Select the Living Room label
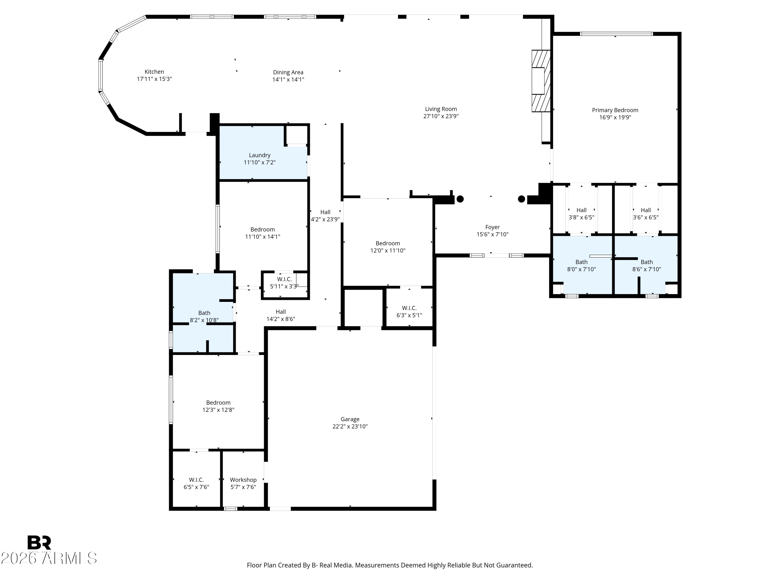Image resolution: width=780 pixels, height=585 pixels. coord(440,109)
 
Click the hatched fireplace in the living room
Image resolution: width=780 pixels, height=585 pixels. coord(541,81)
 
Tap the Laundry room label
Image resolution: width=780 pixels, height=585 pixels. coord(259,155)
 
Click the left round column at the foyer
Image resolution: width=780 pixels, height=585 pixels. coord(460,199)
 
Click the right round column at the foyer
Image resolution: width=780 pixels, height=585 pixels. coord(521,199)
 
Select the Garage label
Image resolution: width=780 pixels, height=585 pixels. coord(349,419)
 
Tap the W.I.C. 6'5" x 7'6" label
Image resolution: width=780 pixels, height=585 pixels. coord(196,483)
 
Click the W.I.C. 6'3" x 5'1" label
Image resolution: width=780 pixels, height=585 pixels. coord(409,312)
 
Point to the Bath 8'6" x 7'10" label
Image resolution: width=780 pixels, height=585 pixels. coord(646,265)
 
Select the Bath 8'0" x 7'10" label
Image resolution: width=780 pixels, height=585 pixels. coord(581,265)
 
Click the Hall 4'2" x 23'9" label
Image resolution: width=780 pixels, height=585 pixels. coord(325,216)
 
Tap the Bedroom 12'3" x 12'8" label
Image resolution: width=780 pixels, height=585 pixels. coord(218,406)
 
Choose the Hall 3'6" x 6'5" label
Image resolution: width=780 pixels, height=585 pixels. coord(645,214)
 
